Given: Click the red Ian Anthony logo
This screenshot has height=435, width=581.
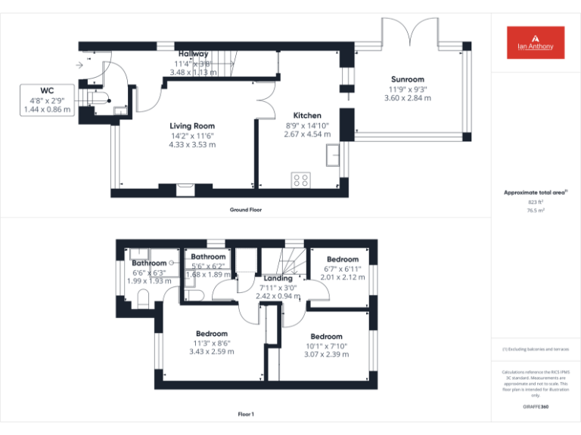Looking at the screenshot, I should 536,42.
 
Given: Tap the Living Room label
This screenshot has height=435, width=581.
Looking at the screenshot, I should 191,126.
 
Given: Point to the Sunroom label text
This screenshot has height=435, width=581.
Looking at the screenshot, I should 407,79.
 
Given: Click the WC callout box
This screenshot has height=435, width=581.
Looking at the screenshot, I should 47,100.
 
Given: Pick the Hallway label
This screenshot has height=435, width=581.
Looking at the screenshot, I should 194,54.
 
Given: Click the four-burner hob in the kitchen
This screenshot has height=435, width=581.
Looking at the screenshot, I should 300,180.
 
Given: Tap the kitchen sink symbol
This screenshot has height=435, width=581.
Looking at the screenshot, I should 332,156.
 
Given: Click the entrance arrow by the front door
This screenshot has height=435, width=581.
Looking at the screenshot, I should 79,65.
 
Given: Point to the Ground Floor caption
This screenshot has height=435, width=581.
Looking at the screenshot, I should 246,209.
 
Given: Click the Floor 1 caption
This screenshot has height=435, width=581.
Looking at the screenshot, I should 246,414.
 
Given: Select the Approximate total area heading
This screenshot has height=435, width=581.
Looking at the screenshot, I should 536,193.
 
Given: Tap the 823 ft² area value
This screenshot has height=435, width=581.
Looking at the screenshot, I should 536,202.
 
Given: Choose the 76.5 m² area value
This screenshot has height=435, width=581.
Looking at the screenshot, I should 536,211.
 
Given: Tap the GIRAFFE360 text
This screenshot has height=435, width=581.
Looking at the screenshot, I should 536,406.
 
